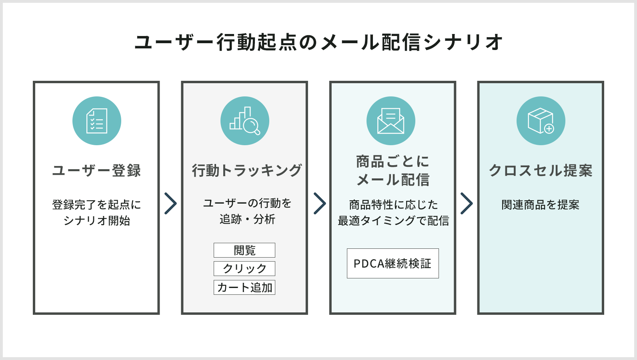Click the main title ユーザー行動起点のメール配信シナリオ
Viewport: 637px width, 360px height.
click(x=318, y=42)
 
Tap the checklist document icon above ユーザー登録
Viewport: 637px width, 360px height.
click(x=97, y=121)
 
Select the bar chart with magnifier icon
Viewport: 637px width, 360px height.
click(x=245, y=121)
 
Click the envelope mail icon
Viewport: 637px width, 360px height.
click(x=391, y=121)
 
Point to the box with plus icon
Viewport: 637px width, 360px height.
click(x=541, y=121)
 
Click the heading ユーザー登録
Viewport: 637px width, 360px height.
click(x=96, y=170)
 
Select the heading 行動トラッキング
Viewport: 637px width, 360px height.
click(x=246, y=170)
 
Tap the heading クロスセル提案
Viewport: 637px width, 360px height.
click(x=541, y=170)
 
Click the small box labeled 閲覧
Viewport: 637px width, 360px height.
click(x=244, y=250)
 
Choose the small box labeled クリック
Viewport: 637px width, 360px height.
click(x=244, y=268)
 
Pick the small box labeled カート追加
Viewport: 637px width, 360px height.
click(x=244, y=288)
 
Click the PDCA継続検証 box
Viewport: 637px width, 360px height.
click(x=393, y=264)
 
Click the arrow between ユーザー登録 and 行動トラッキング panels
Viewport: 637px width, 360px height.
click(x=170, y=203)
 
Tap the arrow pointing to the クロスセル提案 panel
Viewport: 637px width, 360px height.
click(x=467, y=203)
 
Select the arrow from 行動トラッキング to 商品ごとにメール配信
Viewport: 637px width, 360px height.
click(x=319, y=203)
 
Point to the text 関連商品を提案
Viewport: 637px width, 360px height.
click(x=541, y=205)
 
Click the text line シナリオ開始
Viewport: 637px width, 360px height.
click(x=97, y=220)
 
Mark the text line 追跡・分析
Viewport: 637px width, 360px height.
click(x=247, y=219)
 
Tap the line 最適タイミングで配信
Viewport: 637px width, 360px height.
click(x=393, y=220)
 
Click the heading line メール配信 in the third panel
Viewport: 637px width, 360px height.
click(x=393, y=180)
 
